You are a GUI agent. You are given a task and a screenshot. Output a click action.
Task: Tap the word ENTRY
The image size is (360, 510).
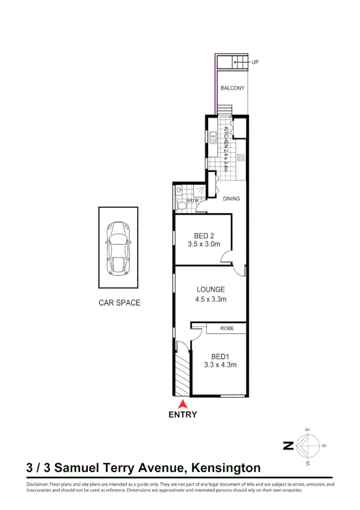click(183, 414)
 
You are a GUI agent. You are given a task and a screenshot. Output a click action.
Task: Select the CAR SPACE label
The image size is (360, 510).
click(119, 303)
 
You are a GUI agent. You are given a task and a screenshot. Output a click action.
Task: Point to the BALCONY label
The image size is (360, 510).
click(232, 88)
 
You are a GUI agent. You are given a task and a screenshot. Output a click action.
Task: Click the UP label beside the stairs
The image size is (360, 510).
click(255, 61)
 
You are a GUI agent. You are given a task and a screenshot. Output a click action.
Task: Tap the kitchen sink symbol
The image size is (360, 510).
click(213, 137)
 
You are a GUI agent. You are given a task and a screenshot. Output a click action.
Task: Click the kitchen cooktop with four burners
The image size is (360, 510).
click(241, 158)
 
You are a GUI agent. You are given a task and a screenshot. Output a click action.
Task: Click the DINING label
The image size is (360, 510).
click(231, 198)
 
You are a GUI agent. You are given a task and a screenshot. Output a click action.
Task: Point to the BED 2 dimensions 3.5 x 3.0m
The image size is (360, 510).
click(204, 244)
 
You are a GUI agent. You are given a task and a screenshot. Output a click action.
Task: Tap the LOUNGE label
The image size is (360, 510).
click(210, 289)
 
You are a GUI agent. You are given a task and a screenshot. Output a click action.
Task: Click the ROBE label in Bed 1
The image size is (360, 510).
click(227, 328)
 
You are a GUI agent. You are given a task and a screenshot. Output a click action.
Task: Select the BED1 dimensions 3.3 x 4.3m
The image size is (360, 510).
click(220, 364)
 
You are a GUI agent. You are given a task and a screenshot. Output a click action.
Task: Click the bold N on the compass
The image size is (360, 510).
click(288, 446)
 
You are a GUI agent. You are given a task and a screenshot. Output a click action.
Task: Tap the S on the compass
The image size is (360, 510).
click(323, 446)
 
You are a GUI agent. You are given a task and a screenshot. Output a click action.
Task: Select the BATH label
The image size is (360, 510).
click(192, 200)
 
